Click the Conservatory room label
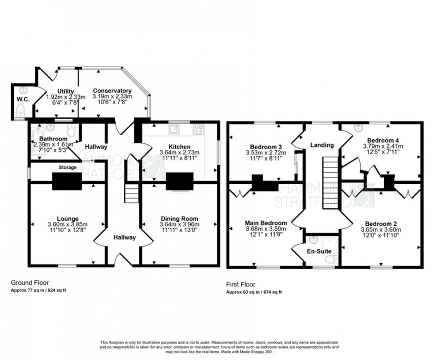(112, 90)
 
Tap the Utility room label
(65, 91)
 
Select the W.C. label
(23, 100)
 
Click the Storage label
(68, 168)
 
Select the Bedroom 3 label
(266, 147)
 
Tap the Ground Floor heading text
(30, 283)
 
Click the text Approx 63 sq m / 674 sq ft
(254, 292)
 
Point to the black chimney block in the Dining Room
(178, 181)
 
